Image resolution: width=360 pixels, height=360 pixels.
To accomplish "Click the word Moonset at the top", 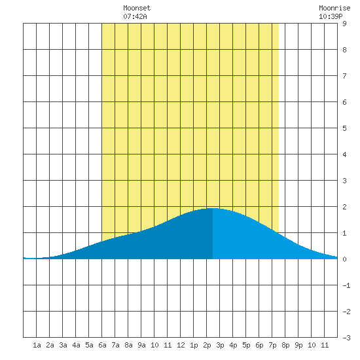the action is [x=137, y=8].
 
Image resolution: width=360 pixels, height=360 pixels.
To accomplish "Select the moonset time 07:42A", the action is [x=135, y=16].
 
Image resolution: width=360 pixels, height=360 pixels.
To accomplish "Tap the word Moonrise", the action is [x=334, y=8].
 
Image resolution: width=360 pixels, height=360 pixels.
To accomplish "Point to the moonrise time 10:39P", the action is [x=331, y=16].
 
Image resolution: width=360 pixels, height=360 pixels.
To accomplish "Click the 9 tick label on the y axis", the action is [x=344, y=24].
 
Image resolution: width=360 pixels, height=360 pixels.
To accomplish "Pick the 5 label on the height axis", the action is [x=344, y=128].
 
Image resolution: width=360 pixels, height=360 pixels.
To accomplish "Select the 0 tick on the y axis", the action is [x=344, y=259].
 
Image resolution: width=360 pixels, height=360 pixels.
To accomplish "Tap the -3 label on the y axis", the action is [x=346, y=338].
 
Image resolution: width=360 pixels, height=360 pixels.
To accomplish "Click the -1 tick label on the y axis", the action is [x=346, y=285].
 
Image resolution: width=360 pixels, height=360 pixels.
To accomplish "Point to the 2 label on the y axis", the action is [x=344, y=207].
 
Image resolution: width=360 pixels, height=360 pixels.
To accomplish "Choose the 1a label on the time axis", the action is [x=37, y=345].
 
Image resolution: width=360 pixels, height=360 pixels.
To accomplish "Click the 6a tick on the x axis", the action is [x=102, y=345].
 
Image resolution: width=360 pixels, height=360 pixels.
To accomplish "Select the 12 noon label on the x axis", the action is [x=181, y=345].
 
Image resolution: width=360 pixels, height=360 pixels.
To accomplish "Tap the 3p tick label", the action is [x=220, y=345].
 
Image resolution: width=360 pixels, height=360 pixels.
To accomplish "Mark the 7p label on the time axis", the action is [x=272, y=345].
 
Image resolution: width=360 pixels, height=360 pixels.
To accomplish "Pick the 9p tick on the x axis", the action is [x=298, y=345].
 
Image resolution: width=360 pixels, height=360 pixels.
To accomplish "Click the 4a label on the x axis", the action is [x=76, y=345].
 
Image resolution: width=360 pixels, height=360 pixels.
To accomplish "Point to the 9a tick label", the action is [x=141, y=345].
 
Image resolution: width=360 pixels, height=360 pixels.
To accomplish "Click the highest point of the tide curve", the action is [x=213, y=208].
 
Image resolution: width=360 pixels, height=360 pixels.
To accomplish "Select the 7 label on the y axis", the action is [x=344, y=76].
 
